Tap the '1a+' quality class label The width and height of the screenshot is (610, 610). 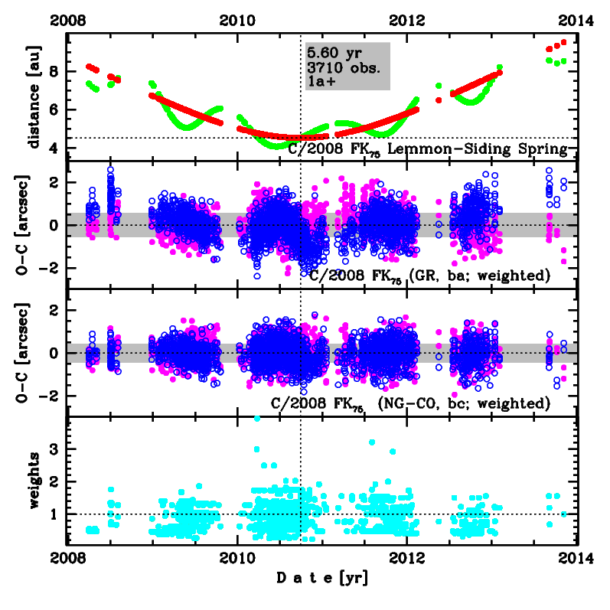(x=319, y=80)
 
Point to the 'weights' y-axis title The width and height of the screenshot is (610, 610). (x=33, y=481)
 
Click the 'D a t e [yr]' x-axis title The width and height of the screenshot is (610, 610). (x=321, y=579)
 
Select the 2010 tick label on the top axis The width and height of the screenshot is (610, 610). (x=237, y=20)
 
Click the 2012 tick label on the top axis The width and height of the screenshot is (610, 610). (x=407, y=20)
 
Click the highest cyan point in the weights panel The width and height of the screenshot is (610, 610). (x=256, y=419)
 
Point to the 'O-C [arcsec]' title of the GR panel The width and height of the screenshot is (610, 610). (x=33, y=224)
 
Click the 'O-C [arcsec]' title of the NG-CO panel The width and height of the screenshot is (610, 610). (x=33, y=353)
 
